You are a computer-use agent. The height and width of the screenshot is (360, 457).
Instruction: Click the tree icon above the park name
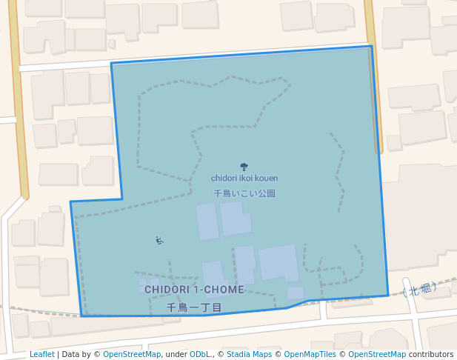click(x=244, y=167)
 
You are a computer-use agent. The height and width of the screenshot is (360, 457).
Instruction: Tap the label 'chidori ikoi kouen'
click(x=244, y=178)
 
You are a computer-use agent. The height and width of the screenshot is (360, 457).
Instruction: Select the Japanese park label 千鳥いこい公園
click(x=244, y=193)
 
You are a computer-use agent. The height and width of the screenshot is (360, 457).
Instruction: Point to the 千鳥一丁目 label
click(x=194, y=307)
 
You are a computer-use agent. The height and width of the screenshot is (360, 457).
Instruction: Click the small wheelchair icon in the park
click(x=159, y=240)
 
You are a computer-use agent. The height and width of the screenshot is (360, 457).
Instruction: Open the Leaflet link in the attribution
click(x=41, y=354)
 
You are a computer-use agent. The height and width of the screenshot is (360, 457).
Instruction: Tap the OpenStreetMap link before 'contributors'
click(x=376, y=354)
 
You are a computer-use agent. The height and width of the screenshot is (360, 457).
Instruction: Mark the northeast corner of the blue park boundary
click(x=370, y=47)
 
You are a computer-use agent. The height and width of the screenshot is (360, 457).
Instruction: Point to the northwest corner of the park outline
click(x=112, y=64)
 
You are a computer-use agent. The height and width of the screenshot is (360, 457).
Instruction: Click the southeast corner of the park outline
click(x=388, y=295)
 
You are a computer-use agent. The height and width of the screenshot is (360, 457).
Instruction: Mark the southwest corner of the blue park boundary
click(x=80, y=316)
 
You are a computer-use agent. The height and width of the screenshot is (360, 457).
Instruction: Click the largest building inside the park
click(x=278, y=262)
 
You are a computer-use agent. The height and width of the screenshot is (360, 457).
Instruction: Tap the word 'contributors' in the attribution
click(x=430, y=354)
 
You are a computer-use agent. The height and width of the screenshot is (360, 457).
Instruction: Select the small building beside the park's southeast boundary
click(x=296, y=293)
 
